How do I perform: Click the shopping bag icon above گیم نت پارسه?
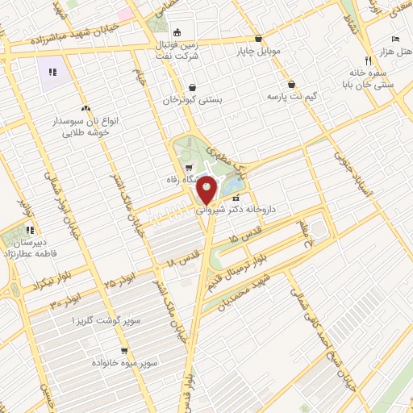point(291,84)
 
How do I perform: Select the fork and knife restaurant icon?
point(368,60)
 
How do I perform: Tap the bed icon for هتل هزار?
point(394,39)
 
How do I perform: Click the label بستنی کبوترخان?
point(192,101)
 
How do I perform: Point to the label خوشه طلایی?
point(86,132)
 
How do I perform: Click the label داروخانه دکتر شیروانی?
point(240,209)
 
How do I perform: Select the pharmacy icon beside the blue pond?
point(236,198)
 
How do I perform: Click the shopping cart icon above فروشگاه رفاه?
point(188,168)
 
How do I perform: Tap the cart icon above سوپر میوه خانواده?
point(123,351)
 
